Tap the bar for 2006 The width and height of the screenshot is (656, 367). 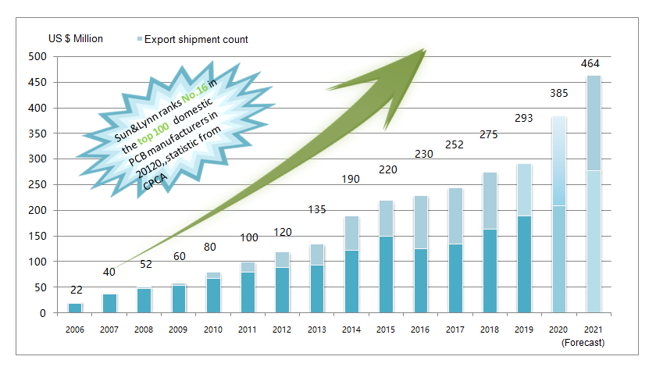tap(75, 308)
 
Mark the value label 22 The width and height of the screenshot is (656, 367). tap(76, 290)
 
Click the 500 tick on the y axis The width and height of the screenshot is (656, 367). tap(37, 57)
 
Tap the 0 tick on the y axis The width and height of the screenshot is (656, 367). tap(43, 313)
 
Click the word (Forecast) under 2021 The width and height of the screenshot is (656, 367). tap(583, 342)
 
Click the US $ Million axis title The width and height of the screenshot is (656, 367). tap(75, 38)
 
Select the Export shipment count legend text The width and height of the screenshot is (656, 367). tap(197, 39)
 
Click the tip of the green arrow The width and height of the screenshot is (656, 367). tap(425, 51)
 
